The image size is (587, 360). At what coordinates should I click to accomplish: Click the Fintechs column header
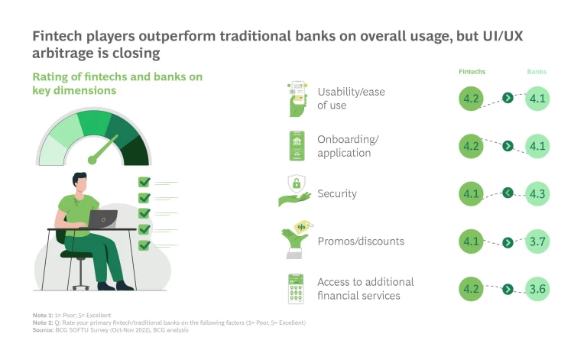click(472, 72)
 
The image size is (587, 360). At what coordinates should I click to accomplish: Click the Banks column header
click(537, 72)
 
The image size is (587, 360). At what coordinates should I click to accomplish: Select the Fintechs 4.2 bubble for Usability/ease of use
click(472, 99)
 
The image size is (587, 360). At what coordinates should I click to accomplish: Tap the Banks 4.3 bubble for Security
click(538, 193)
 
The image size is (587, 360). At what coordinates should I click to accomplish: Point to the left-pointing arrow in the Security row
click(507, 193)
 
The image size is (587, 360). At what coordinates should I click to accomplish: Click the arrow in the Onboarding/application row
click(507, 146)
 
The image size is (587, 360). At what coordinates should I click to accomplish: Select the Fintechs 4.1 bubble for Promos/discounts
click(472, 242)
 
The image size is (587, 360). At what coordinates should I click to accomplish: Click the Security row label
click(337, 194)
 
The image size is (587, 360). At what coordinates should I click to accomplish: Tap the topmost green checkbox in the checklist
click(144, 182)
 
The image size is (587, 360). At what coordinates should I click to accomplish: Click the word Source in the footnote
click(44, 330)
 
